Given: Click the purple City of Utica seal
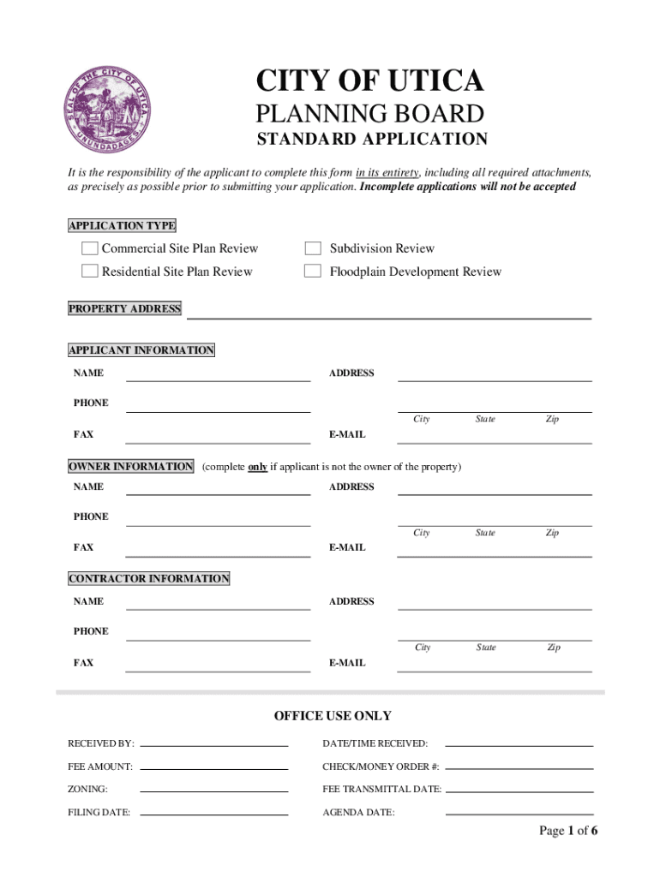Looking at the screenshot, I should pyautogui.click(x=110, y=110).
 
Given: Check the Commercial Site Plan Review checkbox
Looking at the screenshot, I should pyautogui.click(x=89, y=248).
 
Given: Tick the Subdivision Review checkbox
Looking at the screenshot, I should pyautogui.click(x=314, y=248).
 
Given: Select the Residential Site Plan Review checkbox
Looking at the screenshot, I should pyautogui.click(x=89, y=271).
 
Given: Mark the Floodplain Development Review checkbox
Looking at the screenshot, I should pyautogui.click(x=314, y=271).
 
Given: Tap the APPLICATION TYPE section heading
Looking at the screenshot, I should pyautogui.click(x=122, y=226).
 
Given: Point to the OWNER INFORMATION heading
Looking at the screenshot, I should pyautogui.click(x=130, y=467).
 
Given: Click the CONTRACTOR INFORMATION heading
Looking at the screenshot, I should pyautogui.click(x=149, y=579).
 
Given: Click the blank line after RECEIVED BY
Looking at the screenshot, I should pyautogui.click(x=213, y=743).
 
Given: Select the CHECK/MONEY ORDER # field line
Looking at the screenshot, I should pyautogui.click(x=519, y=767).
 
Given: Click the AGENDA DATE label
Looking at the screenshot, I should pyautogui.click(x=358, y=813).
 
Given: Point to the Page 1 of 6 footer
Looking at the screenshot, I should pyautogui.click(x=567, y=831).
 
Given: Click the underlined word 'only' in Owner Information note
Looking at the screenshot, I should pyautogui.click(x=257, y=467).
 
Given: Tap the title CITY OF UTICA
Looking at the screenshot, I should pyautogui.click(x=369, y=81).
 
